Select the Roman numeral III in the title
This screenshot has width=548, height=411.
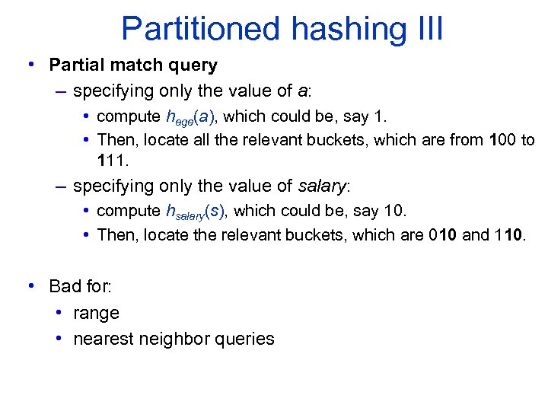tap(425, 30)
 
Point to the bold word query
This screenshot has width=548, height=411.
tap(194, 66)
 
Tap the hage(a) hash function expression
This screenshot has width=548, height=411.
tap(193, 117)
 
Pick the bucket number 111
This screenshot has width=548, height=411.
tap(112, 160)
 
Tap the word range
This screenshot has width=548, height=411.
tap(96, 313)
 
